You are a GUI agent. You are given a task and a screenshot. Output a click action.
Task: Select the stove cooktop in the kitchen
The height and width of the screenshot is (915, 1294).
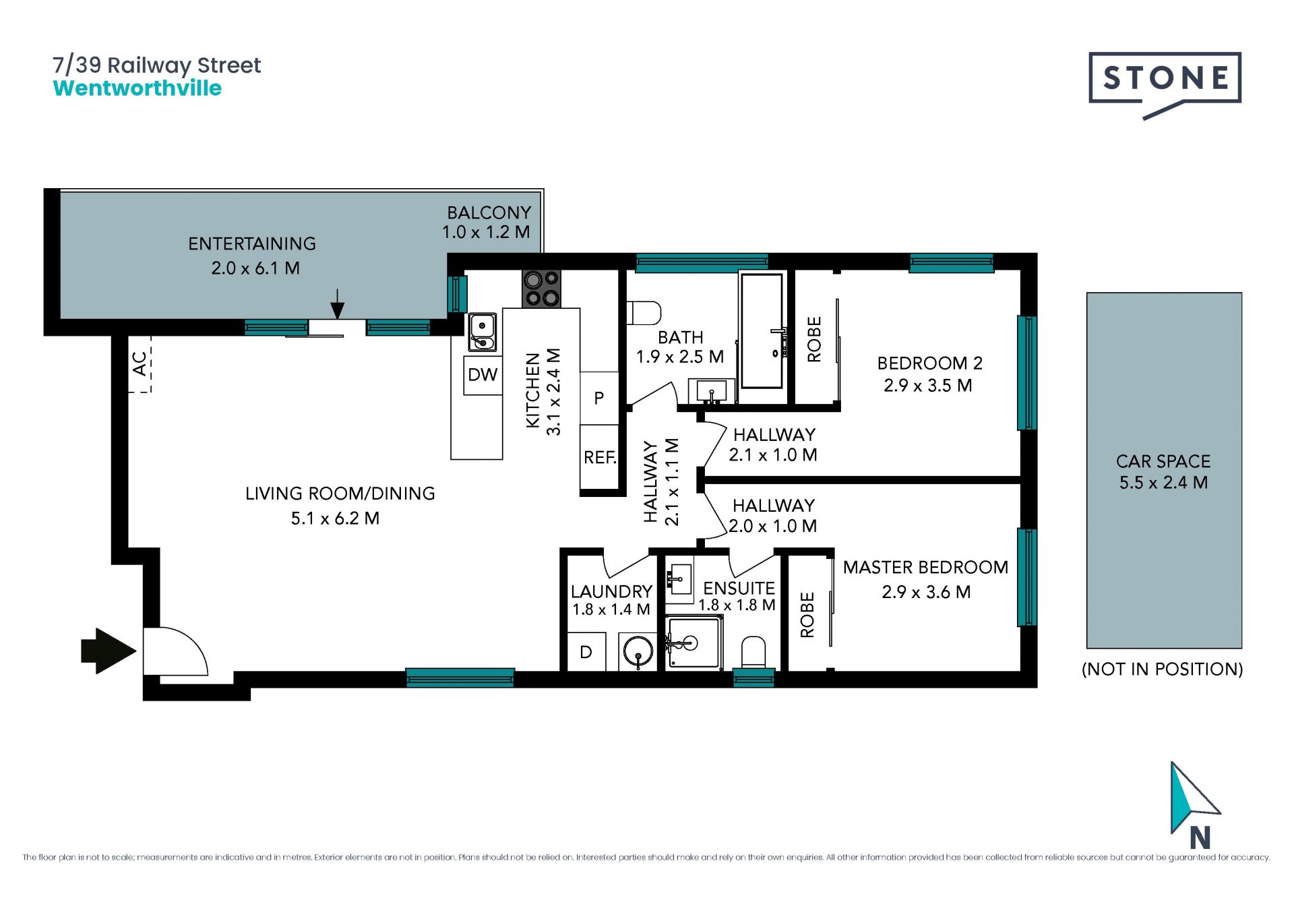[541, 289]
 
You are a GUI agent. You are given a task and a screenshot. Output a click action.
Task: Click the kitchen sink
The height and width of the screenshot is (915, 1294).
[483, 332]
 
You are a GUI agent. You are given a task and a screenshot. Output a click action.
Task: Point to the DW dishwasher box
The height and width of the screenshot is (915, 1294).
[483, 375]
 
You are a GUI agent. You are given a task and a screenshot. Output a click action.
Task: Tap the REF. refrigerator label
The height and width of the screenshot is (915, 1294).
[600, 458]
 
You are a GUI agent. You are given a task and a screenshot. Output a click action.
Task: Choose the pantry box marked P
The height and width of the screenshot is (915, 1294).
[599, 399]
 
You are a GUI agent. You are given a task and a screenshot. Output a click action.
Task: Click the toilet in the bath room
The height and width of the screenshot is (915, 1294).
[644, 313]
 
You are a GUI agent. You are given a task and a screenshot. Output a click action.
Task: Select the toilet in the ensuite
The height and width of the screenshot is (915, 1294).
[753, 653]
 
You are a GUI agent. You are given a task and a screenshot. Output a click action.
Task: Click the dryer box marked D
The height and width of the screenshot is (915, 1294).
[586, 652]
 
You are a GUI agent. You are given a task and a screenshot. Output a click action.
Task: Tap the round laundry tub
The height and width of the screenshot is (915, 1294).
[638, 652]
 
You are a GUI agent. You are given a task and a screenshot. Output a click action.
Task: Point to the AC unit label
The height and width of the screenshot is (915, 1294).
[140, 364]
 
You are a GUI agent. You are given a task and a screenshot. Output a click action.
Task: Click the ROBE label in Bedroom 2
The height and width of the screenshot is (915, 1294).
[814, 339]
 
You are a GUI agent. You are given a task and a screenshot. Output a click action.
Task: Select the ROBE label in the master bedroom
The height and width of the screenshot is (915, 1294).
[807, 615]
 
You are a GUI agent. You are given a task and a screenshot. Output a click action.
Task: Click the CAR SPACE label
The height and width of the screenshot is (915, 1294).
[1163, 461]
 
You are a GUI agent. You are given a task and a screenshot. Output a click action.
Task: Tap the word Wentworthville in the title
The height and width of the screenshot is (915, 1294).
[137, 88]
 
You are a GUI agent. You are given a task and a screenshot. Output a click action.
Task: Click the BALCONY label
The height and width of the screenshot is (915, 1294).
[489, 212]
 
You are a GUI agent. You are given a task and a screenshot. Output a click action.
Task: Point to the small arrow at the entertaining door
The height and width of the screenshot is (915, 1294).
[338, 304]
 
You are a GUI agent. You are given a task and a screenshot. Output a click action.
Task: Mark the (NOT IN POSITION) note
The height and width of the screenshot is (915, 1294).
[1163, 669]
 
